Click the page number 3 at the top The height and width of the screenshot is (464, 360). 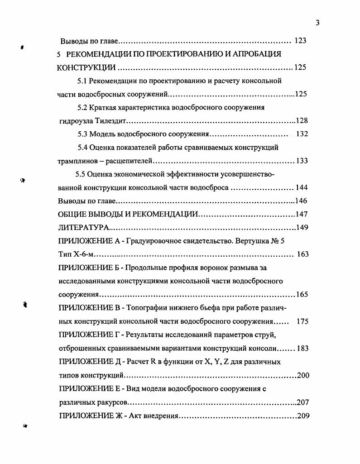click(x=317, y=23)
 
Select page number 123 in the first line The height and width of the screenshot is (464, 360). click(x=300, y=41)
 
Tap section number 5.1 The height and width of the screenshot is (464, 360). click(x=82, y=81)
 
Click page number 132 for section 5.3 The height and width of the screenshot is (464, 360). click(x=302, y=134)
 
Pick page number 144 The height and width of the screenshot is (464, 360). click(x=302, y=187)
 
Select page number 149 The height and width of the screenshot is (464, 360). click(x=302, y=227)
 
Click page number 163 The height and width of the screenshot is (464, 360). click(x=302, y=254)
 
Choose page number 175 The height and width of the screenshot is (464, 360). click(x=302, y=321)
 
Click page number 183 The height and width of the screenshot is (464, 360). click(x=302, y=348)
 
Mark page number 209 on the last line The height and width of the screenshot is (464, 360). click(x=303, y=416)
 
